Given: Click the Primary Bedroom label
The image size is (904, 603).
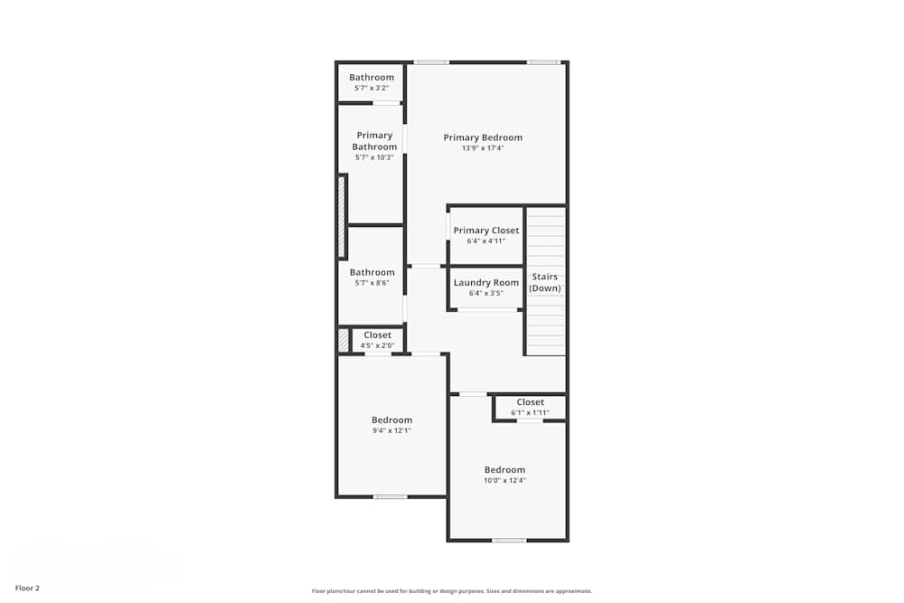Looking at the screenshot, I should (x=483, y=137).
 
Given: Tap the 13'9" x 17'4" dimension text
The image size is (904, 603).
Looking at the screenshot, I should (x=483, y=148).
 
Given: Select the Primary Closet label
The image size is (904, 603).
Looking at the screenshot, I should (x=486, y=231).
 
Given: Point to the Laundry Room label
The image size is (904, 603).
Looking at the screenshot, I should (x=486, y=283).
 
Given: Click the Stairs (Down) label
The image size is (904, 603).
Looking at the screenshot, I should (x=545, y=282).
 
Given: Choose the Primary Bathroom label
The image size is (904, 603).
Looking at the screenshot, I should (x=374, y=141).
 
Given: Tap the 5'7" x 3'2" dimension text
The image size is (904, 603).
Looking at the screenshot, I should (x=372, y=89).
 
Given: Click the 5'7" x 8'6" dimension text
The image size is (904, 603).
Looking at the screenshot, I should (x=372, y=283).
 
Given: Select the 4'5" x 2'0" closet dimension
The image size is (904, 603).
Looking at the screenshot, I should (x=378, y=345).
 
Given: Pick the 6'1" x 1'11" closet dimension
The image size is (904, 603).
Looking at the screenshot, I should (x=531, y=413).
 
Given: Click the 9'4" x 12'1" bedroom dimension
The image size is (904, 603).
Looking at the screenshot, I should (x=392, y=430).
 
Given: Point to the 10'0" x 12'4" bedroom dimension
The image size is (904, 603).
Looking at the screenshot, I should (x=504, y=480).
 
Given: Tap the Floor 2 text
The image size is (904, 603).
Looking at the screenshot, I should (x=27, y=588).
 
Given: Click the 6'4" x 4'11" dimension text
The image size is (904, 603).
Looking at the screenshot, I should (x=486, y=241).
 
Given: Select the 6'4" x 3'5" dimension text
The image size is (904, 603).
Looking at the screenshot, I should (x=486, y=294).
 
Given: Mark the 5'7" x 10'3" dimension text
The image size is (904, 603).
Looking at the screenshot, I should (x=374, y=157).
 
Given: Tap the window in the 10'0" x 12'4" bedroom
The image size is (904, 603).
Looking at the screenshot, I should (x=509, y=541).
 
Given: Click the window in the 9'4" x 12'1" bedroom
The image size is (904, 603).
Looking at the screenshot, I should (x=391, y=496).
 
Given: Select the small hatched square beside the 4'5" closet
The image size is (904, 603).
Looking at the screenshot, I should (x=344, y=341).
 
